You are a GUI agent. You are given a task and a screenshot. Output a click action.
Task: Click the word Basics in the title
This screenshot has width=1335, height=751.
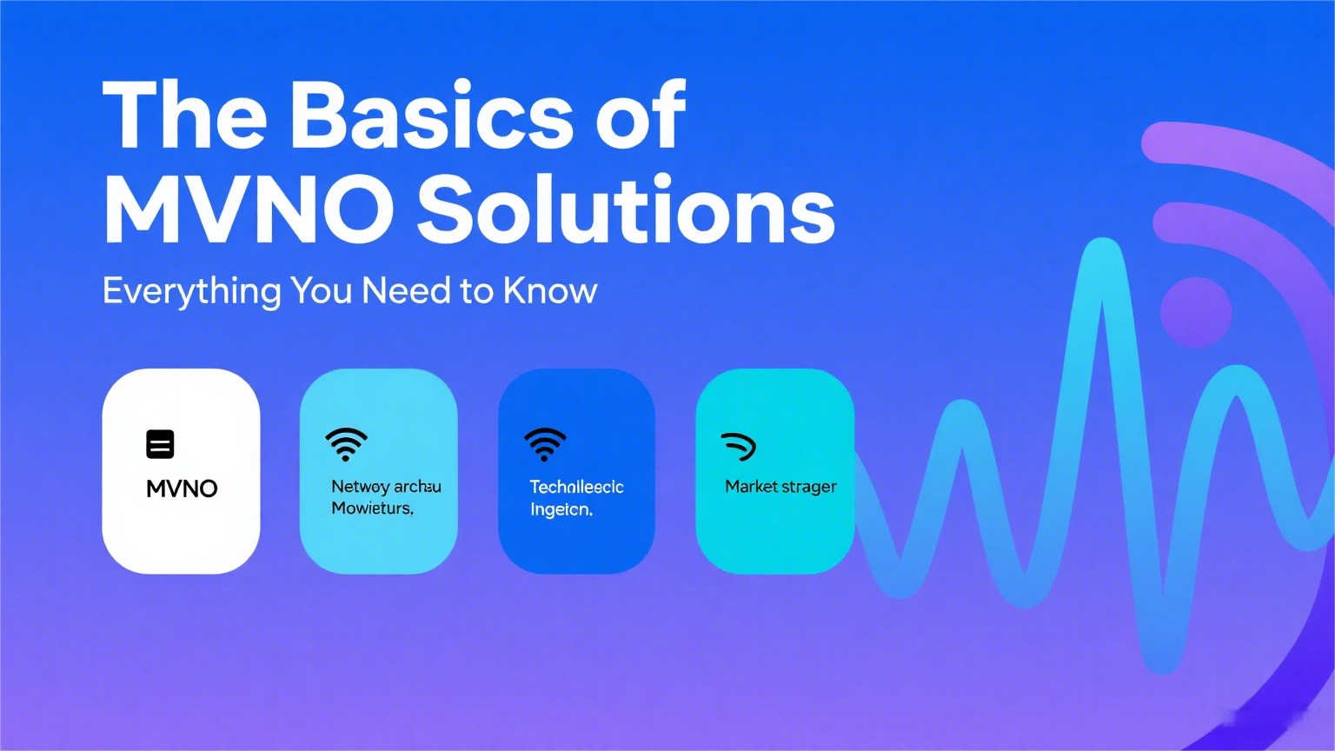[x=431, y=116]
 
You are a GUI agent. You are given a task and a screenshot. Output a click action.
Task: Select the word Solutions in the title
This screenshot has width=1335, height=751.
[x=626, y=210]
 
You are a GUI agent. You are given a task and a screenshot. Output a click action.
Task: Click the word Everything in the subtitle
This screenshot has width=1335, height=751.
[x=191, y=291]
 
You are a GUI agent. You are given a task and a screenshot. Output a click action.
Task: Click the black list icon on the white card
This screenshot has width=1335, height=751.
[x=160, y=444]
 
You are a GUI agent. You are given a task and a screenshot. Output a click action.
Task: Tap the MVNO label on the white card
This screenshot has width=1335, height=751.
[x=182, y=488]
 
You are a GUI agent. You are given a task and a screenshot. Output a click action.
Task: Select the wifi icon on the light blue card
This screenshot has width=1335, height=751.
[x=346, y=444]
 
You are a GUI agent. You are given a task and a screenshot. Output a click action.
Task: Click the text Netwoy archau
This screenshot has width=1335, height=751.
[x=386, y=487]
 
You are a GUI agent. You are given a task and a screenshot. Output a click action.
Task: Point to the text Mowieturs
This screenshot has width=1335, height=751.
[x=372, y=508]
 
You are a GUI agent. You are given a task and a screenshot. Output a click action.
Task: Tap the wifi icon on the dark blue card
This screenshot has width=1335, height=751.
[x=545, y=444]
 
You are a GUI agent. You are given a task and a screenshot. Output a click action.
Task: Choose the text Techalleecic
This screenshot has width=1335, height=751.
[x=576, y=487]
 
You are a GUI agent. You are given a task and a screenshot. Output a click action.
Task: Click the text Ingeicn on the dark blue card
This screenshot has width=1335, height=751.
[x=561, y=509]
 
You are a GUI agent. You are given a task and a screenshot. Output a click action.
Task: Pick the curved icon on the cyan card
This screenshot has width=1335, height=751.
[x=739, y=446]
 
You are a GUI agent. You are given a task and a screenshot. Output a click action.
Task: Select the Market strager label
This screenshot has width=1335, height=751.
[x=780, y=487]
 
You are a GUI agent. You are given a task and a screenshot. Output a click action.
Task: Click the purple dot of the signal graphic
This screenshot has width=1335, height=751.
[x=1196, y=312]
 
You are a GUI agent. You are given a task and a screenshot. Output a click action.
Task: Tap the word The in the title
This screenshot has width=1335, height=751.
[x=184, y=116]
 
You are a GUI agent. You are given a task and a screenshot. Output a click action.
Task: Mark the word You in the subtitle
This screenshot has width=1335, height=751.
[x=321, y=291]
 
